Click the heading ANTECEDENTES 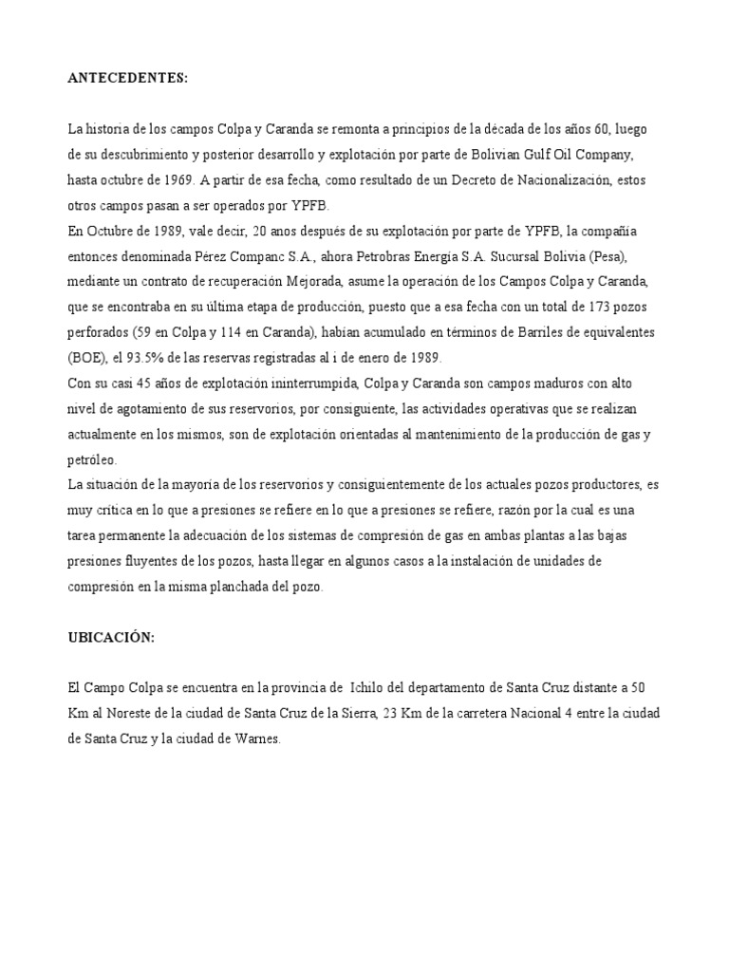[x=127, y=78]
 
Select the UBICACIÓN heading [x=110, y=639]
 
